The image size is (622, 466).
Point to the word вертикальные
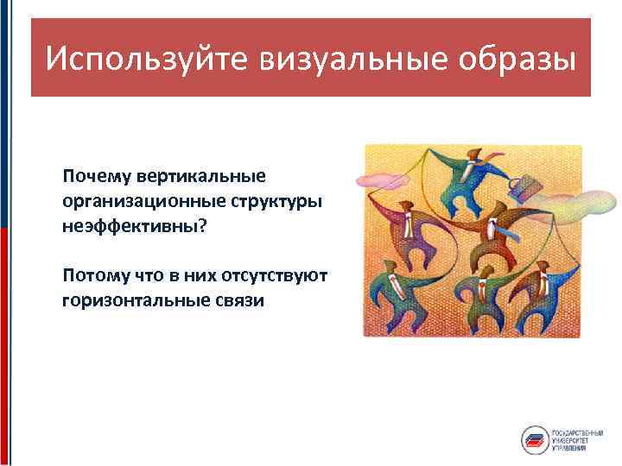click(x=201, y=176)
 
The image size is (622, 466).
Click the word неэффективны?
click(x=136, y=224)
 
